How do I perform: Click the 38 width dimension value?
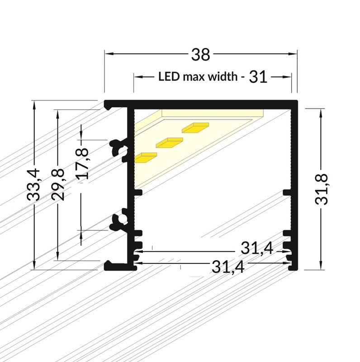click(200, 55)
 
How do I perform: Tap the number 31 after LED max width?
click(258, 77)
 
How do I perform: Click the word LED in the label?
click(169, 76)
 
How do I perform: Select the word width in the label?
click(223, 76)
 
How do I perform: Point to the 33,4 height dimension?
click(33, 185)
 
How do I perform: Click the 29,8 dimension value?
click(58, 185)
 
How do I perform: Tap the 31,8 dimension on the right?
click(321, 189)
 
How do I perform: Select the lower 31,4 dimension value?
click(228, 267)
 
